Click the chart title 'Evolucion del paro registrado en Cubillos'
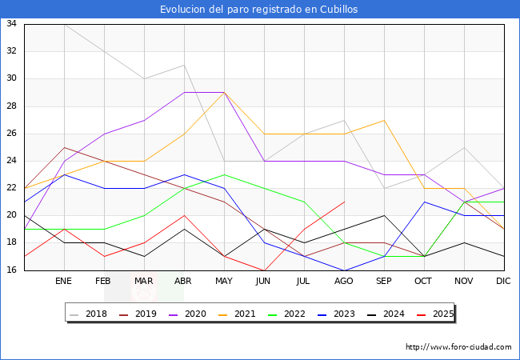(259, 10)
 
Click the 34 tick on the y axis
(12, 24)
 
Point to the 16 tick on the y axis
(12, 270)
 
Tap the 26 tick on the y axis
(12, 134)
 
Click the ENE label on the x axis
(64, 282)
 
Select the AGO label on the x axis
(344, 282)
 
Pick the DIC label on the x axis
(503, 282)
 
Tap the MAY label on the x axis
(224, 282)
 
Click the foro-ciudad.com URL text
(458, 347)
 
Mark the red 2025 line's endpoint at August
(344, 202)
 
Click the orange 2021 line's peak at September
(384, 120)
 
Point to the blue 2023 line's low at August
(344, 270)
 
